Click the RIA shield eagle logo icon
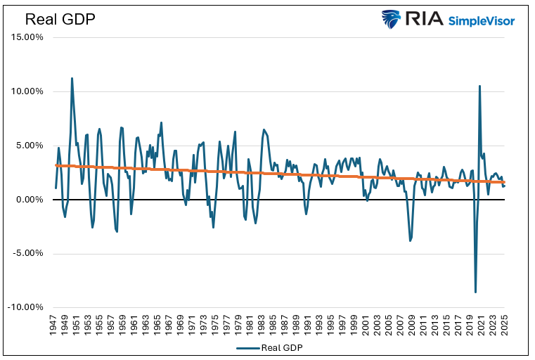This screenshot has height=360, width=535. [x=391, y=19]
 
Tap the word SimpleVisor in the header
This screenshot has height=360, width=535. [x=482, y=20]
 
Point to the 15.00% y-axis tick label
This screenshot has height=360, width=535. [x=26, y=37]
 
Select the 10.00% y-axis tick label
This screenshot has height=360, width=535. [x=26, y=91]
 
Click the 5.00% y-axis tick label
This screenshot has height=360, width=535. [x=28, y=146]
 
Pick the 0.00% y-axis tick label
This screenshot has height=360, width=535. [x=28, y=200]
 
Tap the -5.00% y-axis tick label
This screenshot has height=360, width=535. [x=27, y=254]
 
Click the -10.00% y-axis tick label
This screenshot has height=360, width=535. [x=25, y=308]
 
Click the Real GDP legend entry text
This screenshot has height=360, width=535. [x=282, y=347]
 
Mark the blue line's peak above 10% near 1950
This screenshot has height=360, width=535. [x=72, y=78]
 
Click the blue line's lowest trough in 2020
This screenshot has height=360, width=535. [x=475, y=292]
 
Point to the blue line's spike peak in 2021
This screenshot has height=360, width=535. [x=479, y=86]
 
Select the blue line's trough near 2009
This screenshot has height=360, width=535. [x=411, y=241]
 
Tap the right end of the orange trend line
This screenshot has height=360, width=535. [x=503, y=183]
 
